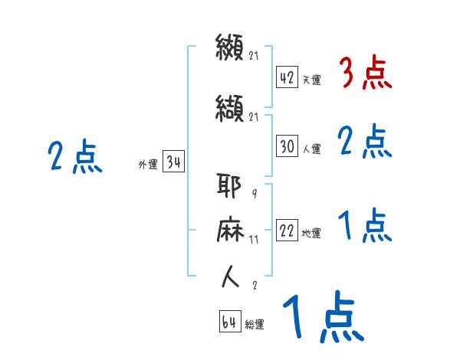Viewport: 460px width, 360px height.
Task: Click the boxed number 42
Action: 287,78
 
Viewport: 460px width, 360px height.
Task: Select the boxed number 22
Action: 287,231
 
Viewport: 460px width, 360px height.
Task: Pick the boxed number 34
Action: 173,162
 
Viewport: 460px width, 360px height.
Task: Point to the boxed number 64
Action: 229,322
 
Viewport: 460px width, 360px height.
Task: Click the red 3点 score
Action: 366,74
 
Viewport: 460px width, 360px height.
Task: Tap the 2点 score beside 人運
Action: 366,142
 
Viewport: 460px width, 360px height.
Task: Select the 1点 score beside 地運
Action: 366,226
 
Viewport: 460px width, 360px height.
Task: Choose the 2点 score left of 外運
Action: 74,158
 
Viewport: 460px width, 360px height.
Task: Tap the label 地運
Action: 312,234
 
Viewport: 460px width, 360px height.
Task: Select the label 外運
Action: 148,164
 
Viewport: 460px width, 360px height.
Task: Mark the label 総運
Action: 255,325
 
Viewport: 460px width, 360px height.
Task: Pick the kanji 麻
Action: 230,231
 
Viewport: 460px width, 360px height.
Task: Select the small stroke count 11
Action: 254,239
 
